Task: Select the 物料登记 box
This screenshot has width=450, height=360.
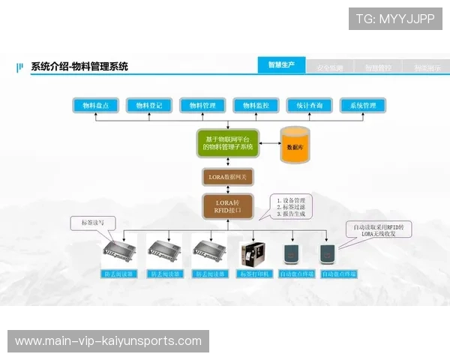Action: (x=149, y=106)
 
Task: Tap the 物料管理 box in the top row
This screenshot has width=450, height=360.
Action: (x=202, y=106)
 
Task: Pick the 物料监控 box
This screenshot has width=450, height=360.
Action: (x=256, y=106)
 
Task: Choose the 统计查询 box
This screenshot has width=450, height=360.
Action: (x=309, y=106)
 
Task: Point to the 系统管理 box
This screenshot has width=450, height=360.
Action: (x=363, y=106)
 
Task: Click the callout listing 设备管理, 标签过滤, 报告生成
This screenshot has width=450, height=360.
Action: (x=292, y=207)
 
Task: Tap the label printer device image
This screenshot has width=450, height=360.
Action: (x=253, y=254)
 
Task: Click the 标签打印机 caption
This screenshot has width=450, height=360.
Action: (x=252, y=274)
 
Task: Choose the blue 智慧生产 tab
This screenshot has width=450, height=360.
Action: (x=281, y=65)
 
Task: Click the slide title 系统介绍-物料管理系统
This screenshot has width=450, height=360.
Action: (x=79, y=67)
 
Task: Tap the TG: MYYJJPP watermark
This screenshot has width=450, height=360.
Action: (x=395, y=18)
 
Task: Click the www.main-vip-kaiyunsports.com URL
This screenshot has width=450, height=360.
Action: (x=108, y=341)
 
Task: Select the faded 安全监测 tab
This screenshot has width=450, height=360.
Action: (x=330, y=67)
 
